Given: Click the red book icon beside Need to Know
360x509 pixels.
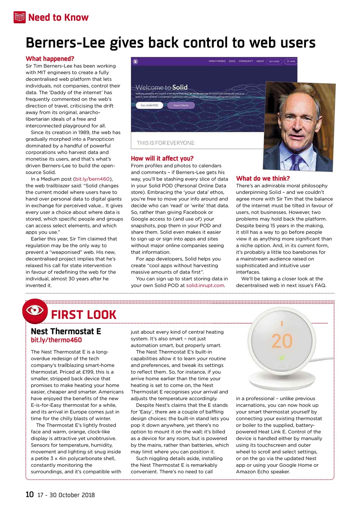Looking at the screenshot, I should (19, 17).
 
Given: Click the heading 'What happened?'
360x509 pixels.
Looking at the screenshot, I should (50, 59).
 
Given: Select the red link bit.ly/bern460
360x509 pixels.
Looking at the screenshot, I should (92, 179).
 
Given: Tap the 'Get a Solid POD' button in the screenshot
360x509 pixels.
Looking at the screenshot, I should (147, 105).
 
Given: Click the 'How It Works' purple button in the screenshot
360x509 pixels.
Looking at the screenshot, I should (181, 105).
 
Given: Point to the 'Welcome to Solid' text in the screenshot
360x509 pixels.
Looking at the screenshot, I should (162, 87).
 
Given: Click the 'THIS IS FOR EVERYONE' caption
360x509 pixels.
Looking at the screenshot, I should (165, 143).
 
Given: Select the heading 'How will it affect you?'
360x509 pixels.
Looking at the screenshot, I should (162, 158).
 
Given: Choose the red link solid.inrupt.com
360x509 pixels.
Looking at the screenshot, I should (205, 285).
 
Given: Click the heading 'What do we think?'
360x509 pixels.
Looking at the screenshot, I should (263, 179).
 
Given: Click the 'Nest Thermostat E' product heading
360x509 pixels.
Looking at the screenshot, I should (66, 332).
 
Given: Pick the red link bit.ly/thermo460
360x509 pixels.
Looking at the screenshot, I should (56, 340).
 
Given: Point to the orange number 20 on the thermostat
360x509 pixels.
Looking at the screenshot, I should (282, 340).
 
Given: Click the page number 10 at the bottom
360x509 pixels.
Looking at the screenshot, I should (29, 495).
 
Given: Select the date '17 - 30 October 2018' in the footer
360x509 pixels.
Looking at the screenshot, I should (66, 495).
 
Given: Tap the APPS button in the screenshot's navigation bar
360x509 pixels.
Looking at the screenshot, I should (290, 62).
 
